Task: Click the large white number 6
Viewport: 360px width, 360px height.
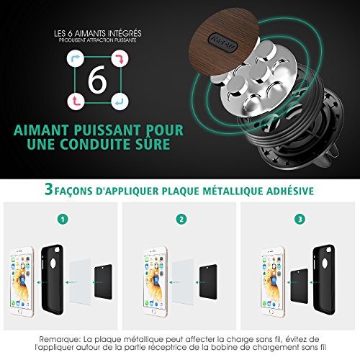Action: click(97, 80)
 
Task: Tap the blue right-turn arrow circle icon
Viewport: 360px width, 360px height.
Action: click(76, 58)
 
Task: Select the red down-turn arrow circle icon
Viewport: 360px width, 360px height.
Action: click(120, 58)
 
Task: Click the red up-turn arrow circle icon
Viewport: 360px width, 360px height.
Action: click(76, 102)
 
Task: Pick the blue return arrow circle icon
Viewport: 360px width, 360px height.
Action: click(120, 102)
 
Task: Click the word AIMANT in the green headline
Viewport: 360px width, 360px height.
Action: click(41, 130)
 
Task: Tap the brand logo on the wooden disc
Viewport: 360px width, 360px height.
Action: click(222, 42)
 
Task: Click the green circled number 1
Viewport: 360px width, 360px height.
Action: click(63, 219)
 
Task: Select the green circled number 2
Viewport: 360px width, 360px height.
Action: click(181, 219)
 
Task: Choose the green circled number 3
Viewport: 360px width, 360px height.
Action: click(300, 219)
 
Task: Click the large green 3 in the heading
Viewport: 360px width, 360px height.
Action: click(49, 189)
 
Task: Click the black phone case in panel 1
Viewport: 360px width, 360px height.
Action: click(53, 279)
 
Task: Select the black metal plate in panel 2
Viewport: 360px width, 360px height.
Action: click(208, 282)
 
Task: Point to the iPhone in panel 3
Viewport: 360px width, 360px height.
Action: click(274, 282)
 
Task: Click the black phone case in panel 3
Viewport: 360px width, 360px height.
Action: click(324, 279)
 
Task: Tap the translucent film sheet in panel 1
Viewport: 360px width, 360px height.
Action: click(81, 282)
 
